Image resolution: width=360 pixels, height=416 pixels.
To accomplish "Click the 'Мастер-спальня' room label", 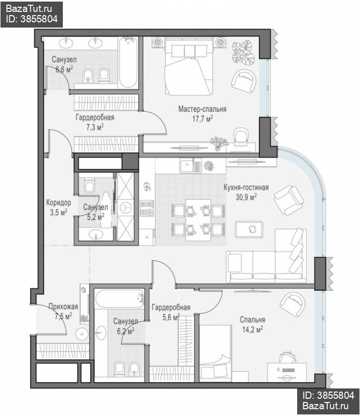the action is point(202,109).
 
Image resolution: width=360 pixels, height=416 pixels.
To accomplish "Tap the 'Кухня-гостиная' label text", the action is point(246,187).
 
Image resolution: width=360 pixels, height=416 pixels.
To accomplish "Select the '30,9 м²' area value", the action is point(246,197).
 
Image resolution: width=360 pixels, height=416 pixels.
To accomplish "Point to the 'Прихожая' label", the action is point(63,307).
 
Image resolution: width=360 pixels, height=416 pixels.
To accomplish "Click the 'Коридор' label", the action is point(59,203).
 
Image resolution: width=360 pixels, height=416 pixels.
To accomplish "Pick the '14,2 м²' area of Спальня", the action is point(252,329).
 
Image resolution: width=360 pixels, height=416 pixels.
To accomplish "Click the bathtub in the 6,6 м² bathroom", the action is point(128,62).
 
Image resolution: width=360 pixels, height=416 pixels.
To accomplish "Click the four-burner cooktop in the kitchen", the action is point(147,208).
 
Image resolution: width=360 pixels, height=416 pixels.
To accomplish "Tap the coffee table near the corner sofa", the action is point(249,229).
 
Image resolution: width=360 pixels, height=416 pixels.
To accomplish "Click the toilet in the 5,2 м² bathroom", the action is point(89,186).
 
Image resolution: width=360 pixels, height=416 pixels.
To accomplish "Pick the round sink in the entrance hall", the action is point(82,334).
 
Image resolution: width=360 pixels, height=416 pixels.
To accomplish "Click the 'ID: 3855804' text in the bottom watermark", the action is point(328,396).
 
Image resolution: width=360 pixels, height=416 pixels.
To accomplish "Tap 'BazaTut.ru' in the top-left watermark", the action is point(29,9).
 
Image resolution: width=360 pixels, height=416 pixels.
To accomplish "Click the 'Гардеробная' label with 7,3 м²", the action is point(95,118).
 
